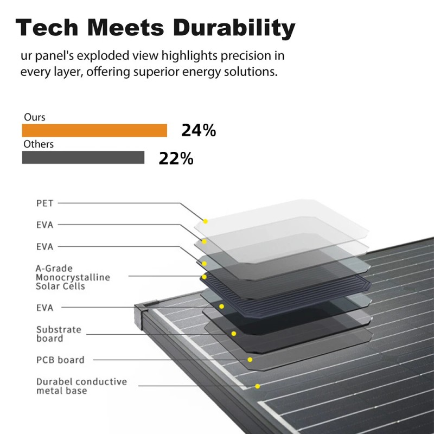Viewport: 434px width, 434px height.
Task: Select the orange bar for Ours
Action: pyautogui.click(x=94, y=131)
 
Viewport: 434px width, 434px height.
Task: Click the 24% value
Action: pyautogui.click(x=199, y=131)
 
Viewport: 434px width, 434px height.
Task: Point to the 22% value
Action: pyautogui.click(x=176, y=158)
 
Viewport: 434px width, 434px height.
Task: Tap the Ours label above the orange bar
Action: pyautogui.click(x=34, y=117)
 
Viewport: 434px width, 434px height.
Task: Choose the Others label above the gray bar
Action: pyautogui.click(x=39, y=144)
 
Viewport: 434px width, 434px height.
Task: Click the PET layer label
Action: pyautogui.click(x=44, y=203)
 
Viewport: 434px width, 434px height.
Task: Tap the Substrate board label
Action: pyautogui.click(x=58, y=334)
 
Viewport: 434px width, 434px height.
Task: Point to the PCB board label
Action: pyautogui.click(x=60, y=360)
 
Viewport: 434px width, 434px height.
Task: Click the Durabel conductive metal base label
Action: pyautogui.click(x=81, y=386)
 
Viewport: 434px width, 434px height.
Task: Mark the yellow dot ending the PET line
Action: pyautogui.click(x=206, y=221)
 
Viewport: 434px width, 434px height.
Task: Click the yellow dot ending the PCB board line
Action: pyautogui.click(x=250, y=360)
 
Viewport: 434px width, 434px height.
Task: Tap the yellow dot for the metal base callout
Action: pyautogui.click(x=257, y=386)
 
